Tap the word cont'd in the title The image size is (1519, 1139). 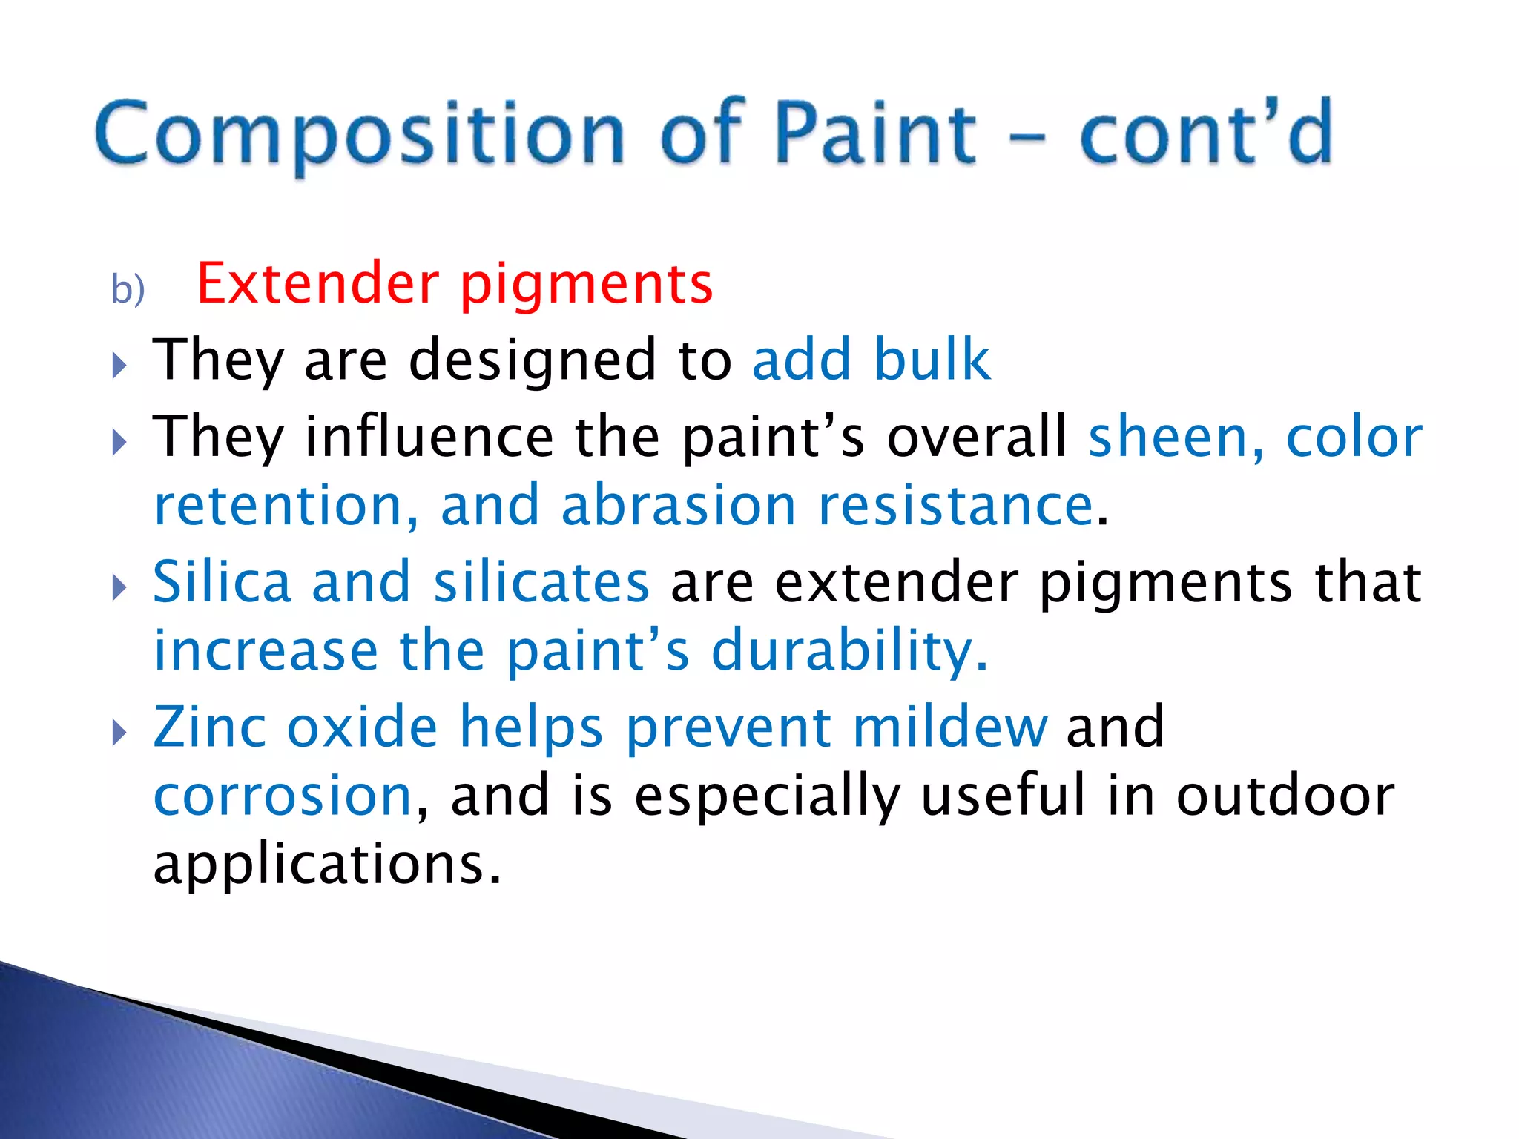coord(1206,133)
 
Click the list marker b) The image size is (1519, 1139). coord(128,289)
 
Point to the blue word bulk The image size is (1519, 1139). coord(931,360)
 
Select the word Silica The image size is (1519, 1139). coord(222,582)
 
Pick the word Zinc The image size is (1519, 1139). coord(210,727)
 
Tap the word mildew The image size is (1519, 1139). coord(950,727)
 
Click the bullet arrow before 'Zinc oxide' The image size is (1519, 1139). coord(119,733)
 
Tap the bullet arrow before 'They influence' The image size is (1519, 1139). coord(119,443)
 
